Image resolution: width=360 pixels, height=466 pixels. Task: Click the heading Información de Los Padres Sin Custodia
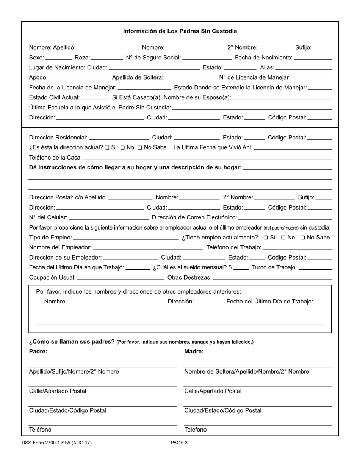pyautogui.click(x=180, y=31)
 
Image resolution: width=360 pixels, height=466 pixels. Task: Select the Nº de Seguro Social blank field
pyautogui.click(x=207, y=58)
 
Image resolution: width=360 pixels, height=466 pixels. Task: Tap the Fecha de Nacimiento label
pyautogui.click(x=263, y=58)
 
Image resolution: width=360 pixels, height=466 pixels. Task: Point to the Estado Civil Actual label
pyautogui.click(x=54, y=97)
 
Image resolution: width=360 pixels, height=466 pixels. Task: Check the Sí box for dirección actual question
pyautogui.click(x=107, y=147)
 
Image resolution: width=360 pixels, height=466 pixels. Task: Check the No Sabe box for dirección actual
pyautogui.click(x=140, y=147)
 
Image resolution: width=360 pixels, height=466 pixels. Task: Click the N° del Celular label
pyautogui.click(x=48, y=217)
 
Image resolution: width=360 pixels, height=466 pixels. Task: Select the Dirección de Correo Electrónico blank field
pyautogui.click(x=285, y=218)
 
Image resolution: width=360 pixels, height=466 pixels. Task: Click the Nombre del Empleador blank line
pyautogui.click(x=148, y=248)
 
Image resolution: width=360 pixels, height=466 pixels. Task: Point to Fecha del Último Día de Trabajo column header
pyautogui.click(x=269, y=302)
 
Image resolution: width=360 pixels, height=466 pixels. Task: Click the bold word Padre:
pyautogui.click(x=38, y=351)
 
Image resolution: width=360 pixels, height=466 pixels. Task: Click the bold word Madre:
pyautogui.click(x=194, y=351)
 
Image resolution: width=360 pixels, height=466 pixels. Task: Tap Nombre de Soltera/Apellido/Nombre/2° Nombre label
pyautogui.click(x=246, y=371)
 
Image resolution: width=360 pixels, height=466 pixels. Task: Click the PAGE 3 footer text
pyautogui.click(x=179, y=443)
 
